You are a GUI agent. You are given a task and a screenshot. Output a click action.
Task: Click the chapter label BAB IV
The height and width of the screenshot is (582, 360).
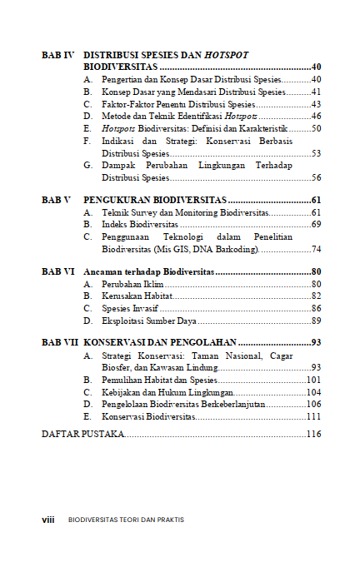57,54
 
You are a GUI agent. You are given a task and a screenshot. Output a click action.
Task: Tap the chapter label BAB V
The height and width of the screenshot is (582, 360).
56,201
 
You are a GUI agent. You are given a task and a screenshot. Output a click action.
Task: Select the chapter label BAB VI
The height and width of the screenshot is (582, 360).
57,271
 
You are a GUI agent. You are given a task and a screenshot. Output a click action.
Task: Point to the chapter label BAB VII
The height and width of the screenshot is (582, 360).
59,342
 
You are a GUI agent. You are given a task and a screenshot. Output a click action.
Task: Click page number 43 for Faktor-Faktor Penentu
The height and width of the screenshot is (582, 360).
316,104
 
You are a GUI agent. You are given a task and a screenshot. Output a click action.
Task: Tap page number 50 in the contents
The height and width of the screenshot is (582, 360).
316,129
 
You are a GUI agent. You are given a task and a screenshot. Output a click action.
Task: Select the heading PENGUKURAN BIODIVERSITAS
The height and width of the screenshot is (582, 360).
155,201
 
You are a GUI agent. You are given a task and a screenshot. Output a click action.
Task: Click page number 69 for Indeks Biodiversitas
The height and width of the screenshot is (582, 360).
316,225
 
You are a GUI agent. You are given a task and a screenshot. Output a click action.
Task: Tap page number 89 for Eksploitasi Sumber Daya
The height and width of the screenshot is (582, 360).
316,321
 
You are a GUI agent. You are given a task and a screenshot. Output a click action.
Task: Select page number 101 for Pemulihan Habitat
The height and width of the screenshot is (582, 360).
313,380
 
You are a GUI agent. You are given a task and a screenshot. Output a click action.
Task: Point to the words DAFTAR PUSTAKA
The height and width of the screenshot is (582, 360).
82,435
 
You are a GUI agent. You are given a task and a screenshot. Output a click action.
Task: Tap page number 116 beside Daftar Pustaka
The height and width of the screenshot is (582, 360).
313,435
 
